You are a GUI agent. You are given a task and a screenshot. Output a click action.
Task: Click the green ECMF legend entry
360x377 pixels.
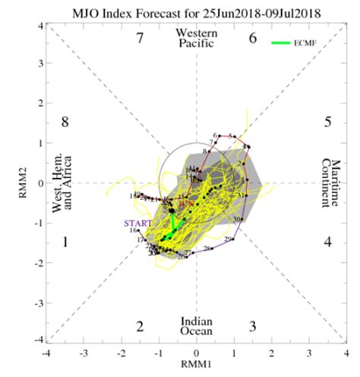point(294,43)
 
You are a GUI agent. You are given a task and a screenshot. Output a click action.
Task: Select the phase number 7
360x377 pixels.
point(140,38)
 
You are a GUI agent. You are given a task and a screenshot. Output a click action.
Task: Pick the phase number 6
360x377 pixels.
point(253,38)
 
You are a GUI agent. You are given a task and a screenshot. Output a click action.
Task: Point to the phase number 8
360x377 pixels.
point(65,122)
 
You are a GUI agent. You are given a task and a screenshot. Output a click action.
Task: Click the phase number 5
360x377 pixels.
point(327,122)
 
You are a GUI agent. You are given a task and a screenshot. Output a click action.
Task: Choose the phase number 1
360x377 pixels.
point(65,242)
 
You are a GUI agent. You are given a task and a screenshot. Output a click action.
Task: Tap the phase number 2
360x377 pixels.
point(140,326)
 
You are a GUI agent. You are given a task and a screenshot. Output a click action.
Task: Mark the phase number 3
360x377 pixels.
point(253,326)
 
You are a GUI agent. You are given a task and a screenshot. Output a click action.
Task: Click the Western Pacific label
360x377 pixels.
point(196,38)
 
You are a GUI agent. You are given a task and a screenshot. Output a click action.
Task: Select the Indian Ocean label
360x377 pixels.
point(196,326)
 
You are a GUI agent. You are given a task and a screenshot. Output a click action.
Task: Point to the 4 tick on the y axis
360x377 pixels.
point(39,27)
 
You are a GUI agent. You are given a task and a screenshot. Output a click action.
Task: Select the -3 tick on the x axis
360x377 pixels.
point(84,353)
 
